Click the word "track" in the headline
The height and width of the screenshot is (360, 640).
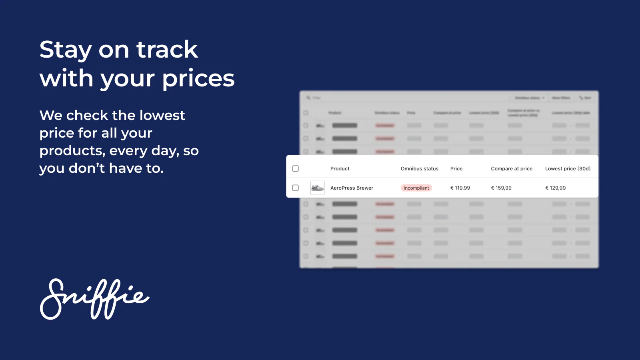(167, 50)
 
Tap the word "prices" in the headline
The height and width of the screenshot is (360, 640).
(198, 78)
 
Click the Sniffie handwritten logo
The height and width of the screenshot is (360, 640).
(94, 299)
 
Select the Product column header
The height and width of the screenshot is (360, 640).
(340, 169)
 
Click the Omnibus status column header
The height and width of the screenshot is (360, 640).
(419, 169)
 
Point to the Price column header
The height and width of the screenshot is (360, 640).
(456, 169)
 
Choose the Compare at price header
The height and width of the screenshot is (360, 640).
(511, 169)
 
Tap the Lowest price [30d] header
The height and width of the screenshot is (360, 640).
(567, 169)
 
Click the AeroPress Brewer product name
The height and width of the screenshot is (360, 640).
(352, 188)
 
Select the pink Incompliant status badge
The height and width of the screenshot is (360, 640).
(416, 188)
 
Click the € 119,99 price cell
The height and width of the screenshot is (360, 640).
(460, 188)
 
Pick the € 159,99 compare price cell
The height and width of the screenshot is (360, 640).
(501, 188)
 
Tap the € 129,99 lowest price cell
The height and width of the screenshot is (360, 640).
(555, 188)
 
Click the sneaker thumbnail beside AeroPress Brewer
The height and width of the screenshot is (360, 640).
(317, 188)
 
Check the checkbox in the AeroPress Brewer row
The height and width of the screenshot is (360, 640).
(295, 188)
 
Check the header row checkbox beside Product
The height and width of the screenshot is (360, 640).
(295, 169)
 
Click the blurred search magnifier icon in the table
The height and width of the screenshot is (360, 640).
(308, 98)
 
